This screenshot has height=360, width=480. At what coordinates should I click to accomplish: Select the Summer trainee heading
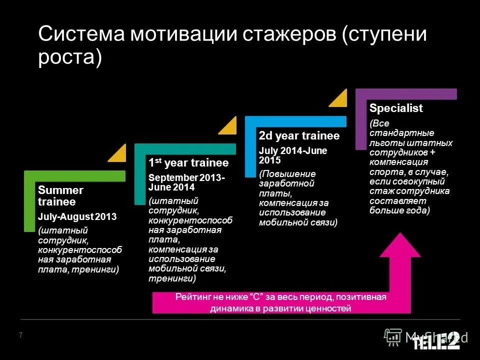[x=60, y=196]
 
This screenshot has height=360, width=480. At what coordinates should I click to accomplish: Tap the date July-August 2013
[x=77, y=217]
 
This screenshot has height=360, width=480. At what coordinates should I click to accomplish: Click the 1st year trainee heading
[x=188, y=163]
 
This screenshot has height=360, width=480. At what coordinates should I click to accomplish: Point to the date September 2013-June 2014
[x=186, y=182]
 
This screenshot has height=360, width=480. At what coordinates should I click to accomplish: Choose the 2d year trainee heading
[x=299, y=136]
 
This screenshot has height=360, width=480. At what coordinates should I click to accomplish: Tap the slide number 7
[x=20, y=335]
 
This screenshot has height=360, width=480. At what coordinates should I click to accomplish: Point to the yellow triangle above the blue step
[x=339, y=98]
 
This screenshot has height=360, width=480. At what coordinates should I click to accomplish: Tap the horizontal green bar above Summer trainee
[x=75, y=176]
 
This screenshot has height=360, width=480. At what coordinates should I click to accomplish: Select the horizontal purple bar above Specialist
[x=406, y=93]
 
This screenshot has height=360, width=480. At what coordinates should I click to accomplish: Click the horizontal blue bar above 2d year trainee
[x=295, y=121]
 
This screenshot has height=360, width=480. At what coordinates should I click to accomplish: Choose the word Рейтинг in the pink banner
[x=190, y=297]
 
